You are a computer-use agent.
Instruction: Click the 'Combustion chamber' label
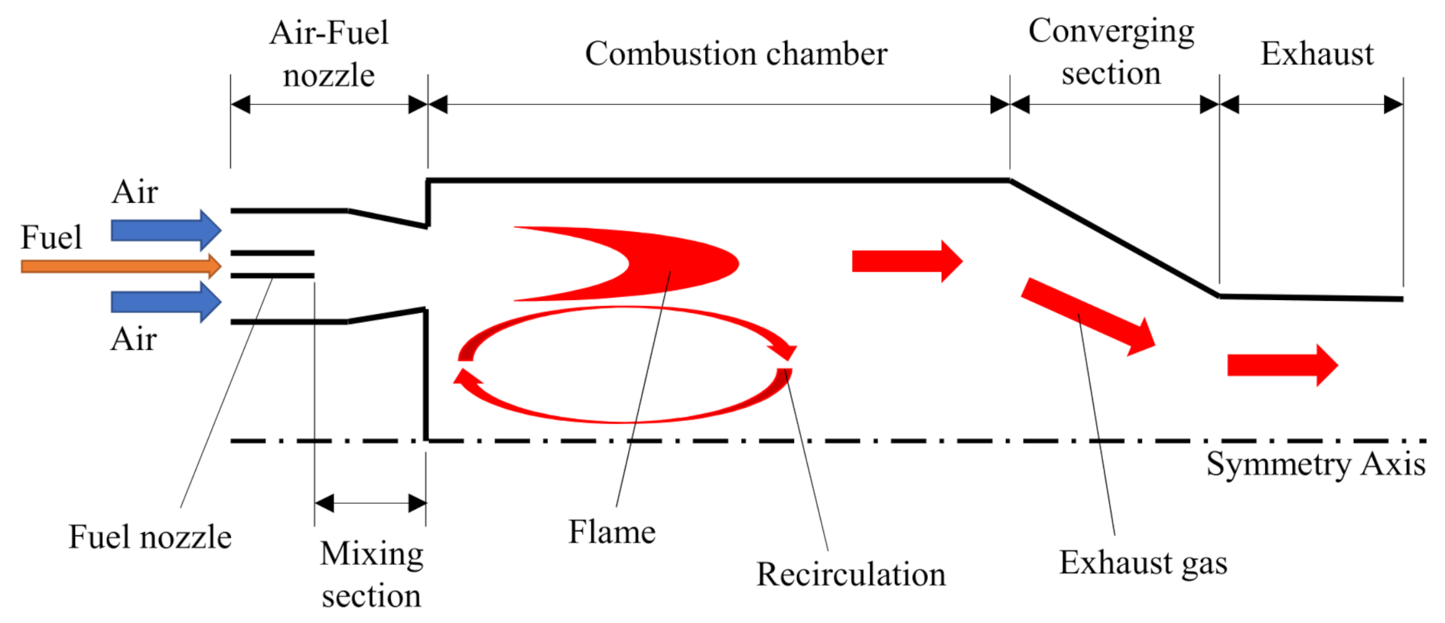tap(735, 54)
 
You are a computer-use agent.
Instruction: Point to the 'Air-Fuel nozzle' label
tap(329, 54)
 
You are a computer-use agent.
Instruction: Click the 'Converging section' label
tap(1111, 52)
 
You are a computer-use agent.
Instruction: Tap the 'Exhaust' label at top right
tap(1316, 54)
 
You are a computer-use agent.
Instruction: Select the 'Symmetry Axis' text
tap(1315, 464)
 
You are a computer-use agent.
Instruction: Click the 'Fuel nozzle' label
tap(150, 537)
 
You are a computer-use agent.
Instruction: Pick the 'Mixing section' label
tap(371, 574)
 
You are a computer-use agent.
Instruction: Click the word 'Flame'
tap(611, 532)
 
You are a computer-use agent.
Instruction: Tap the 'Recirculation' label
tap(851, 574)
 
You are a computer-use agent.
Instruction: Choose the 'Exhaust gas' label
tap(1143, 563)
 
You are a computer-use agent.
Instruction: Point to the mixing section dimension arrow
tap(370, 503)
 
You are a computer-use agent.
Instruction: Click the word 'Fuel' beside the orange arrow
tap(50, 237)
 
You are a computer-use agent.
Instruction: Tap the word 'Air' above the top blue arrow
tap(135, 191)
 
